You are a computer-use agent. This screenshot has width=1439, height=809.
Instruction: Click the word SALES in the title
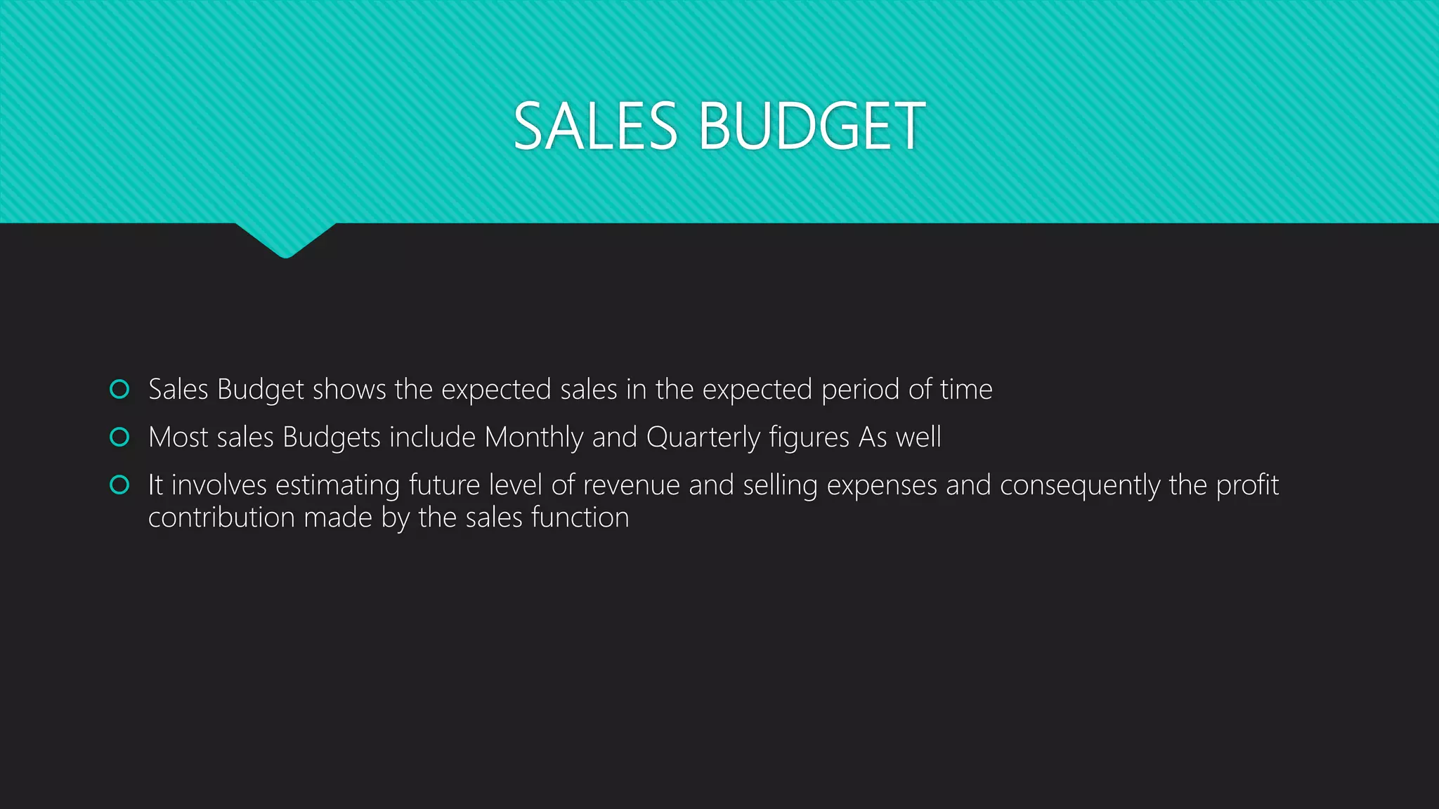click(x=595, y=126)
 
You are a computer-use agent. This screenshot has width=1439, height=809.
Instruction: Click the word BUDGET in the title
click(x=812, y=126)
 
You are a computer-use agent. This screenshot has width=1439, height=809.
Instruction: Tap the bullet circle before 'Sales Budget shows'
click(x=120, y=389)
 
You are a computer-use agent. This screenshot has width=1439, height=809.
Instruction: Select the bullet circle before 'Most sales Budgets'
click(x=120, y=437)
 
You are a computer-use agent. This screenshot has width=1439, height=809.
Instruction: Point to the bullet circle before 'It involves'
click(x=120, y=485)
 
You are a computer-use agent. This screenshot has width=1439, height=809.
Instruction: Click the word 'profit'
click(x=1247, y=485)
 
